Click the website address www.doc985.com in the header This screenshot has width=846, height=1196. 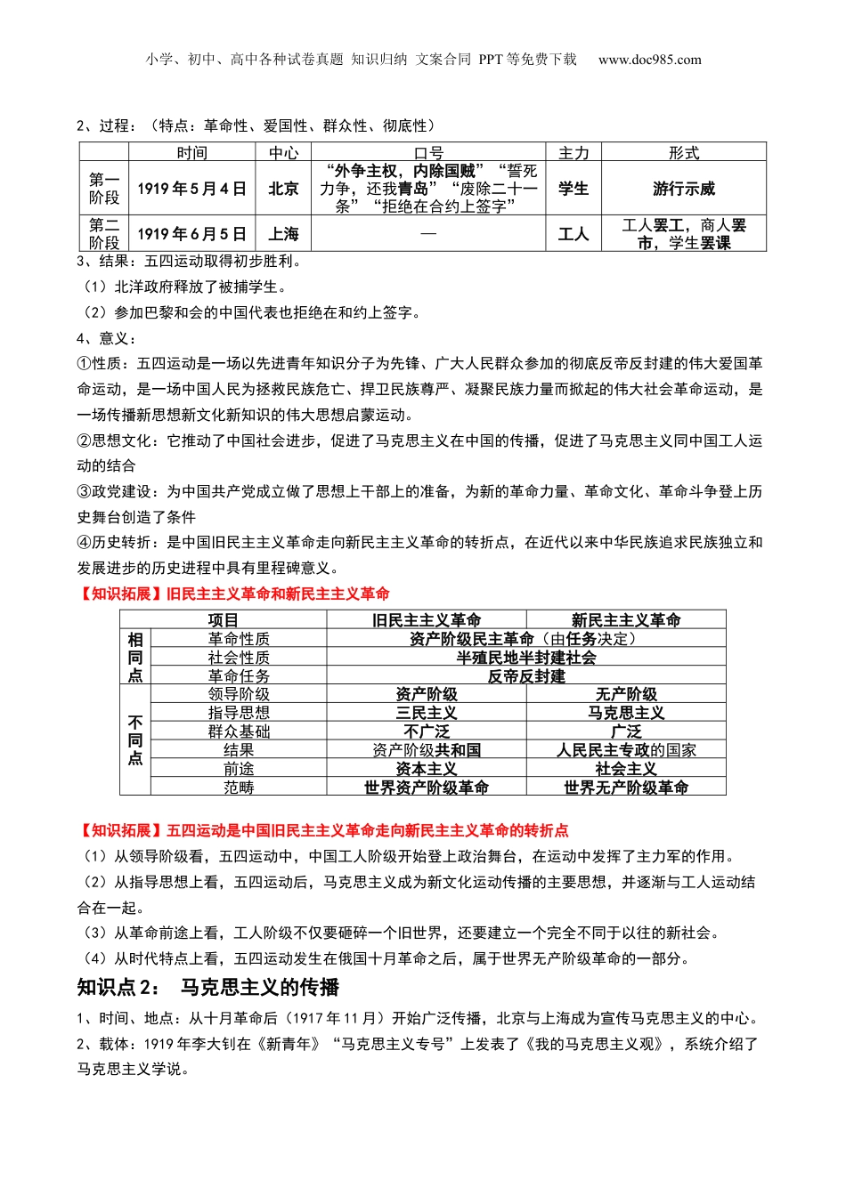tap(649, 60)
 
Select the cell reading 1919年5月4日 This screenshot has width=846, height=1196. tap(191, 189)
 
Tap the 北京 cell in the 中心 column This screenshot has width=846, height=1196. tap(283, 189)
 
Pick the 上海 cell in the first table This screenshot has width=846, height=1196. tap(283, 234)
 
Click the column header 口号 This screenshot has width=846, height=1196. tap(428, 153)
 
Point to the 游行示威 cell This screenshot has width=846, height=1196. tap(683, 189)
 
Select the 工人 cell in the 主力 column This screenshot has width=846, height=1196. tap(573, 234)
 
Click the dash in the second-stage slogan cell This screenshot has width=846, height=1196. tap(428, 234)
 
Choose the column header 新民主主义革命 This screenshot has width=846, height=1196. tap(626, 620)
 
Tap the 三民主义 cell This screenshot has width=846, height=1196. tap(427, 713)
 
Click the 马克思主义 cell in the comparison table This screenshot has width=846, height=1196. tap(626, 713)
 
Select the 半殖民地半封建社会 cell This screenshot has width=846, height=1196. tap(526, 658)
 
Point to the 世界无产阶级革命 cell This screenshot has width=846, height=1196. tap(626, 788)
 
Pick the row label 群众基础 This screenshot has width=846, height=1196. tap(239, 731)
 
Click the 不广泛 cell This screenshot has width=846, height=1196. tap(427, 731)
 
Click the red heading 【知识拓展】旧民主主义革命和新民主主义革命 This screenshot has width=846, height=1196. tap(233, 594)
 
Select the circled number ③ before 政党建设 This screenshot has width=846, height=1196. tap(84, 491)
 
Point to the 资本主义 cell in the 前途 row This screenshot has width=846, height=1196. tap(427, 769)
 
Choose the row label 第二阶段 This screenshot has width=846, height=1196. tap(104, 234)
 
